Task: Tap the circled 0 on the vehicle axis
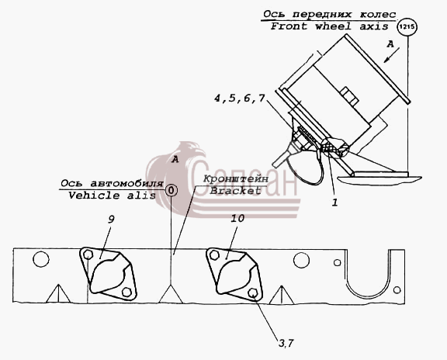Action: [171, 190]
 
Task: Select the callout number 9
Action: [111, 220]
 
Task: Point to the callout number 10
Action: [237, 218]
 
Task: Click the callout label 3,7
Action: [286, 343]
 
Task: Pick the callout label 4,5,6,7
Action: [240, 99]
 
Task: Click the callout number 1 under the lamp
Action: [334, 202]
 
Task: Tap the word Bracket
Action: [235, 190]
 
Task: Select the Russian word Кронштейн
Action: [235, 179]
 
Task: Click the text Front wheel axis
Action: [330, 26]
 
